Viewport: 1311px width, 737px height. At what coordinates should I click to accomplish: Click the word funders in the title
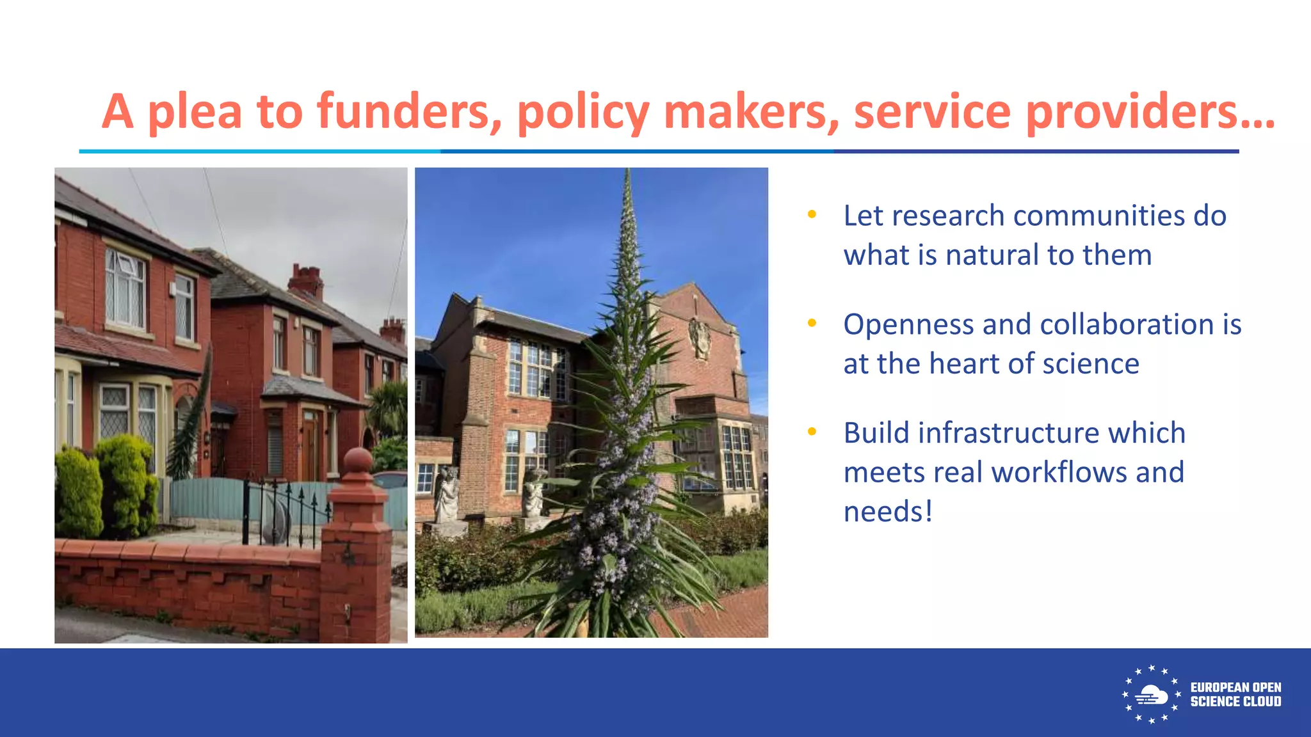tap(409, 111)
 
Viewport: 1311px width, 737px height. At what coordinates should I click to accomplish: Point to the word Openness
tap(909, 325)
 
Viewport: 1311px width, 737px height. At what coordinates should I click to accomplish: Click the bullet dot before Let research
tap(812, 215)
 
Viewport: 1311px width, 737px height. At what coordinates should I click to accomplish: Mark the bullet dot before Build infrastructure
tap(812, 432)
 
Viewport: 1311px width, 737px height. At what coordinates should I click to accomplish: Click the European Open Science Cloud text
tap(1235, 695)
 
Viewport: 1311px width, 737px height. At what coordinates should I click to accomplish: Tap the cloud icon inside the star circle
tap(1152, 695)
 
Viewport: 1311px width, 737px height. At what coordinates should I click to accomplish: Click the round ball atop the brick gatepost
tap(358, 461)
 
